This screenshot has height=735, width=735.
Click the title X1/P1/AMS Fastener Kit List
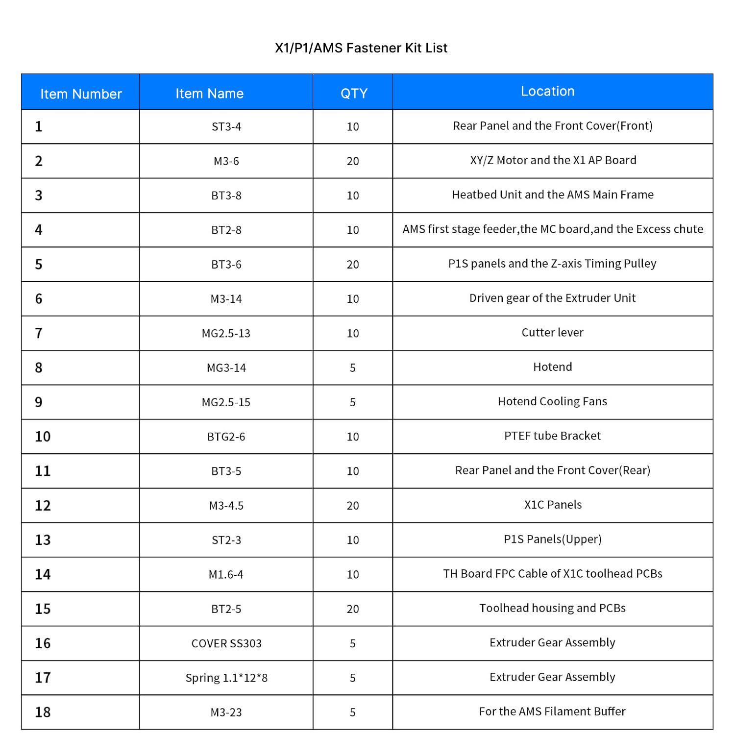coord(361,48)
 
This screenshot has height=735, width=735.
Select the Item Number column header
coord(81,94)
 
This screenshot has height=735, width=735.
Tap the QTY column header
coord(354,93)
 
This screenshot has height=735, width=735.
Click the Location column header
coord(547,91)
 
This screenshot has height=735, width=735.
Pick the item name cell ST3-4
coord(226,127)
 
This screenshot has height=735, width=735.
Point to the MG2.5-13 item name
coord(226,334)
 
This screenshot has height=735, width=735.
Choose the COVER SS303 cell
coord(226,643)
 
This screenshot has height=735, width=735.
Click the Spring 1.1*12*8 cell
coord(226,678)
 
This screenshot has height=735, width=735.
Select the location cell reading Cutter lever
coord(552,333)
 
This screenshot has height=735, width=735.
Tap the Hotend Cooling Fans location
coord(552,402)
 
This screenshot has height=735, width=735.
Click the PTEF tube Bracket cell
coord(552,436)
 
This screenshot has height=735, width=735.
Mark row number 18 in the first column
coord(43,712)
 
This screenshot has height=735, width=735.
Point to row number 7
coord(39,334)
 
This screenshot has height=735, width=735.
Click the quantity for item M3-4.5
coord(353,506)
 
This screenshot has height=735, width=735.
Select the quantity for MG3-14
coord(353,368)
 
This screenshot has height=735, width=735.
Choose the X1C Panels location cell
coord(553,505)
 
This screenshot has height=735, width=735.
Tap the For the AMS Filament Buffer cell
coord(552,711)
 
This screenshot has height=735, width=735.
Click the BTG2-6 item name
coord(226,437)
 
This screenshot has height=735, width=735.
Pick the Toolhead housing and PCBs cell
coord(552,608)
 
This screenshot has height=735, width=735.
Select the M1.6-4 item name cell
coord(226,575)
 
